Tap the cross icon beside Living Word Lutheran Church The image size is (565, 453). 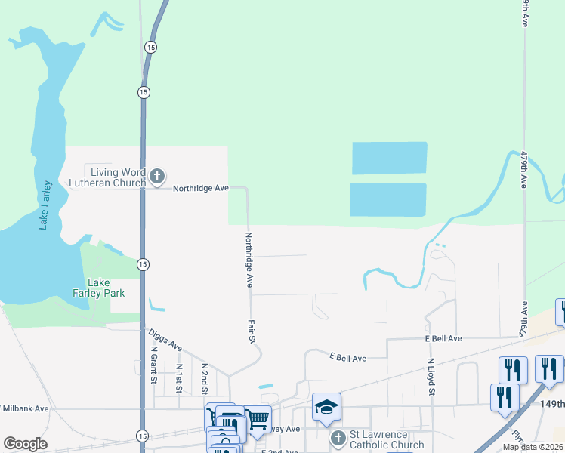[157, 177]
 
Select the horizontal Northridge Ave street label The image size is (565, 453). [201, 187]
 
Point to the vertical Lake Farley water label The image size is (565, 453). [46, 205]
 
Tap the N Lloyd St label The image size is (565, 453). [431, 377]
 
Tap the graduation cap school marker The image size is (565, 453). [326, 407]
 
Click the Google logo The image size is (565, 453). [26, 444]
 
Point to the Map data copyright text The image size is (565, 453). [533, 447]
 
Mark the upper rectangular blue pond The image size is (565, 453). [389, 158]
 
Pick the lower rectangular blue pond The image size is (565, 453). [387, 199]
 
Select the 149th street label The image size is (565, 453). [552, 404]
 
